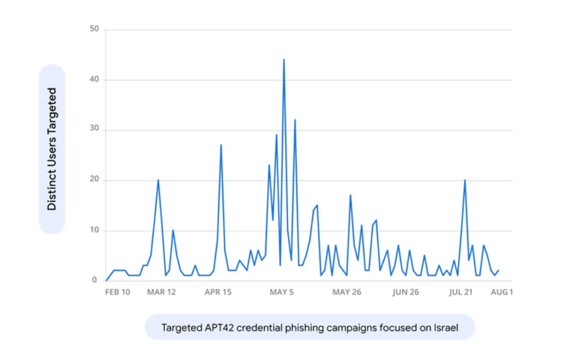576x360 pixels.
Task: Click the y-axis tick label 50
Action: [94, 28]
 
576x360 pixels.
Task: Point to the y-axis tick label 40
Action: [94, 79]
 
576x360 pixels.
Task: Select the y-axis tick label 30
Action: [94, 128]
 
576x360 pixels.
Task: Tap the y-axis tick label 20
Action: [94, 179]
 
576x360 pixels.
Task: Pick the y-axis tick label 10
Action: [94, 230]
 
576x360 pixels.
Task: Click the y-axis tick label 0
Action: [94, 280]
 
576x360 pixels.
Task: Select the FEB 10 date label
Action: [118, 292]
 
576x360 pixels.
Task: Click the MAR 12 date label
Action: [162, 292]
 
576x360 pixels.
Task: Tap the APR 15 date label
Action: [218, 292]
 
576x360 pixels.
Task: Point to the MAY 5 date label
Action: [282, 292]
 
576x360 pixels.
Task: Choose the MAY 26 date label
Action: [346, 292]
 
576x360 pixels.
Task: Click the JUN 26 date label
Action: [406, 292]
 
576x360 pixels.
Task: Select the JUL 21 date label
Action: [460, 292]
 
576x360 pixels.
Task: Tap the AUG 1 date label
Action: [502, 292]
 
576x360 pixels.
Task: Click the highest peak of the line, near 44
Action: [283, 59]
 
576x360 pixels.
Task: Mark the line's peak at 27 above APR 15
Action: [220, 145]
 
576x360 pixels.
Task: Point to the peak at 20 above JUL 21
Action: [465, 180]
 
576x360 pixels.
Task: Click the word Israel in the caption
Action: [446, 327]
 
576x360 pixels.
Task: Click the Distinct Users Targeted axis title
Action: [52, 149]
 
